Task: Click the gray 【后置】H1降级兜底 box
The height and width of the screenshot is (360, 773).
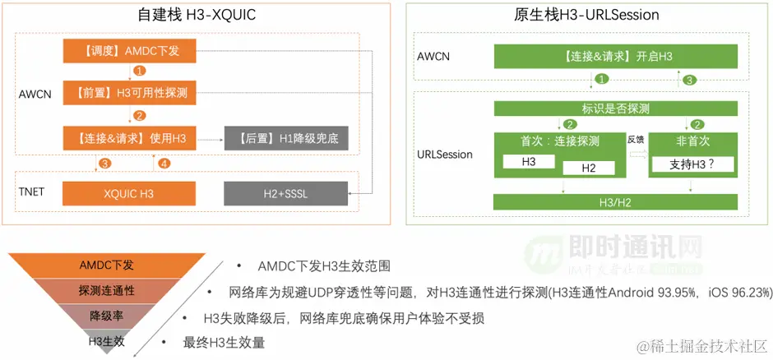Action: pyautogui.click(x=286, y=139)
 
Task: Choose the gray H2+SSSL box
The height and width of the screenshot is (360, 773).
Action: pyautogui.click(x=286, y=194)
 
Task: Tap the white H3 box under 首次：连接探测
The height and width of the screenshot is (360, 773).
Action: pyautogui.click(x=529, y=162)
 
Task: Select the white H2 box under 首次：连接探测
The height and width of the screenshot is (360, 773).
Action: pyautogui.click(x=588, y=168)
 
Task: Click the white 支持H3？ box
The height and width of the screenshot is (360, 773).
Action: pyautogui.click(x=691, y=164)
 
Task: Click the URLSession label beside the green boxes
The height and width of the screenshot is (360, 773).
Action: pyautogui.click(x=445, y=154)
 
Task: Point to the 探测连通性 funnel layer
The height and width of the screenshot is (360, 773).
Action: pyautogui.click(x=107, y=291)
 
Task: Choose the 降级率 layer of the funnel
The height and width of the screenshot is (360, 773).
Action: pyautogui.click(x=107, y=316)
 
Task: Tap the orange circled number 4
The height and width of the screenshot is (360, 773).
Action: pyautogui.click(x=164, y=164)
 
